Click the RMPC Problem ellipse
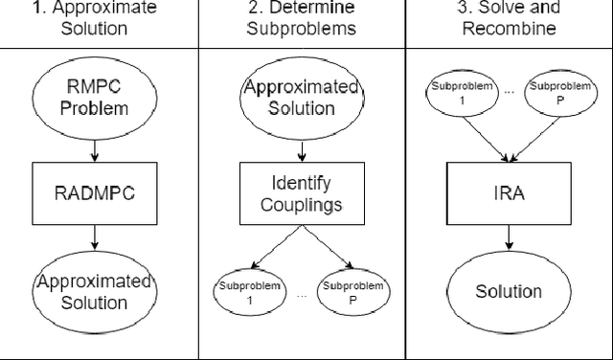coord(95,98)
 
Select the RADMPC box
coord(95,191)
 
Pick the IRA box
coord(510,191)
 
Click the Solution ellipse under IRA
coord(510,291)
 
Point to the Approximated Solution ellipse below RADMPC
coord(95,292)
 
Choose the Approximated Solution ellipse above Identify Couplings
coord(302,98)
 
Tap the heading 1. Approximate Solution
coord(93,17)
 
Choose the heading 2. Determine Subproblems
coord(302,17)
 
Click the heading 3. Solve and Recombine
coord(509,17)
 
